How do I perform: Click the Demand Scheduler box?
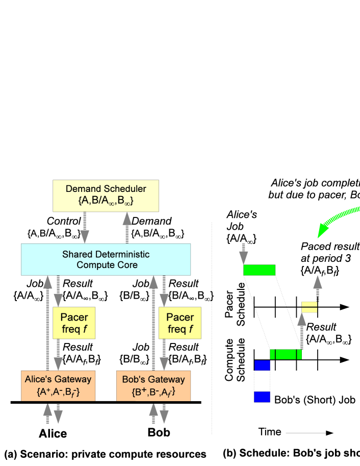pos(106,195)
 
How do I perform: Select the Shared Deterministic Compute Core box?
pos(106,259)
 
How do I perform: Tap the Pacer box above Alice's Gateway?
pos(74,323)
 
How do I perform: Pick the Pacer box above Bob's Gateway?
pos(180,323)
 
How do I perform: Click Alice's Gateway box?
pos(58,385)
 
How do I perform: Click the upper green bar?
pos(260,270)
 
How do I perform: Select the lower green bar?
pos(286,354)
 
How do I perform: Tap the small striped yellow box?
pos(310,307)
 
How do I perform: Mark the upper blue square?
pos(262,365)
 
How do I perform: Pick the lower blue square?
pos(262,397)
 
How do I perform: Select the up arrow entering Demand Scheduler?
pos(127,228)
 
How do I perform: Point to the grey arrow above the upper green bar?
pos(244,253)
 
